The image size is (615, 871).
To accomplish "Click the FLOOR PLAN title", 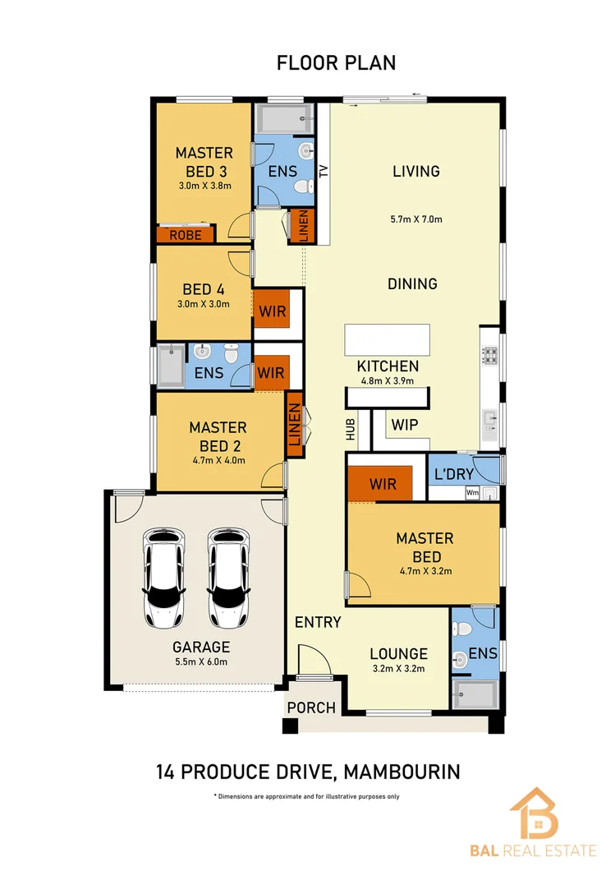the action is coord(336,62).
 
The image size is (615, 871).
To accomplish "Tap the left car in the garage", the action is coord(163,578).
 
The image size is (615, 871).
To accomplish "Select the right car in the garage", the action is coord(228,578).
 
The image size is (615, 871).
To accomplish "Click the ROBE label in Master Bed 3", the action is coord(186,235).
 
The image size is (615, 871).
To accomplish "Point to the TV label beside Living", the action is coord(324,171).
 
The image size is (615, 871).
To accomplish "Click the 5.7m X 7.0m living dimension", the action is coord(416,219).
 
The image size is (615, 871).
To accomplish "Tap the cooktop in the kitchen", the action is coord(489,356).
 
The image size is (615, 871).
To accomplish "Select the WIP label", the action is coord(405,425).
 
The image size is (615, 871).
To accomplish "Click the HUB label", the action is coord(351,430).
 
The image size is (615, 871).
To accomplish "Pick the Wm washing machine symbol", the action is coord(472,493).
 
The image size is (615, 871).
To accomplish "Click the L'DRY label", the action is coord(454,474).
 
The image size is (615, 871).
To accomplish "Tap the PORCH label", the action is coord(311,707).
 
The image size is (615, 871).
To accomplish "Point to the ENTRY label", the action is coord(318,622).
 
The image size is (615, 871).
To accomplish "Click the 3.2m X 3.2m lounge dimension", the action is coord(398,669).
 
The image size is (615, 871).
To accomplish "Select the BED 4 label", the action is coord(204,289).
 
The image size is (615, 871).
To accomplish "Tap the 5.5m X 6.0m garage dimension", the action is coord(201,661).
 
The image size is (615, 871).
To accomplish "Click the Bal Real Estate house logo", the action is coord(534,813).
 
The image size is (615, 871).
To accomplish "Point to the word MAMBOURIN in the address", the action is coord(402,772).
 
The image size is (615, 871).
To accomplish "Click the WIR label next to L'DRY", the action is coord(383,484).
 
